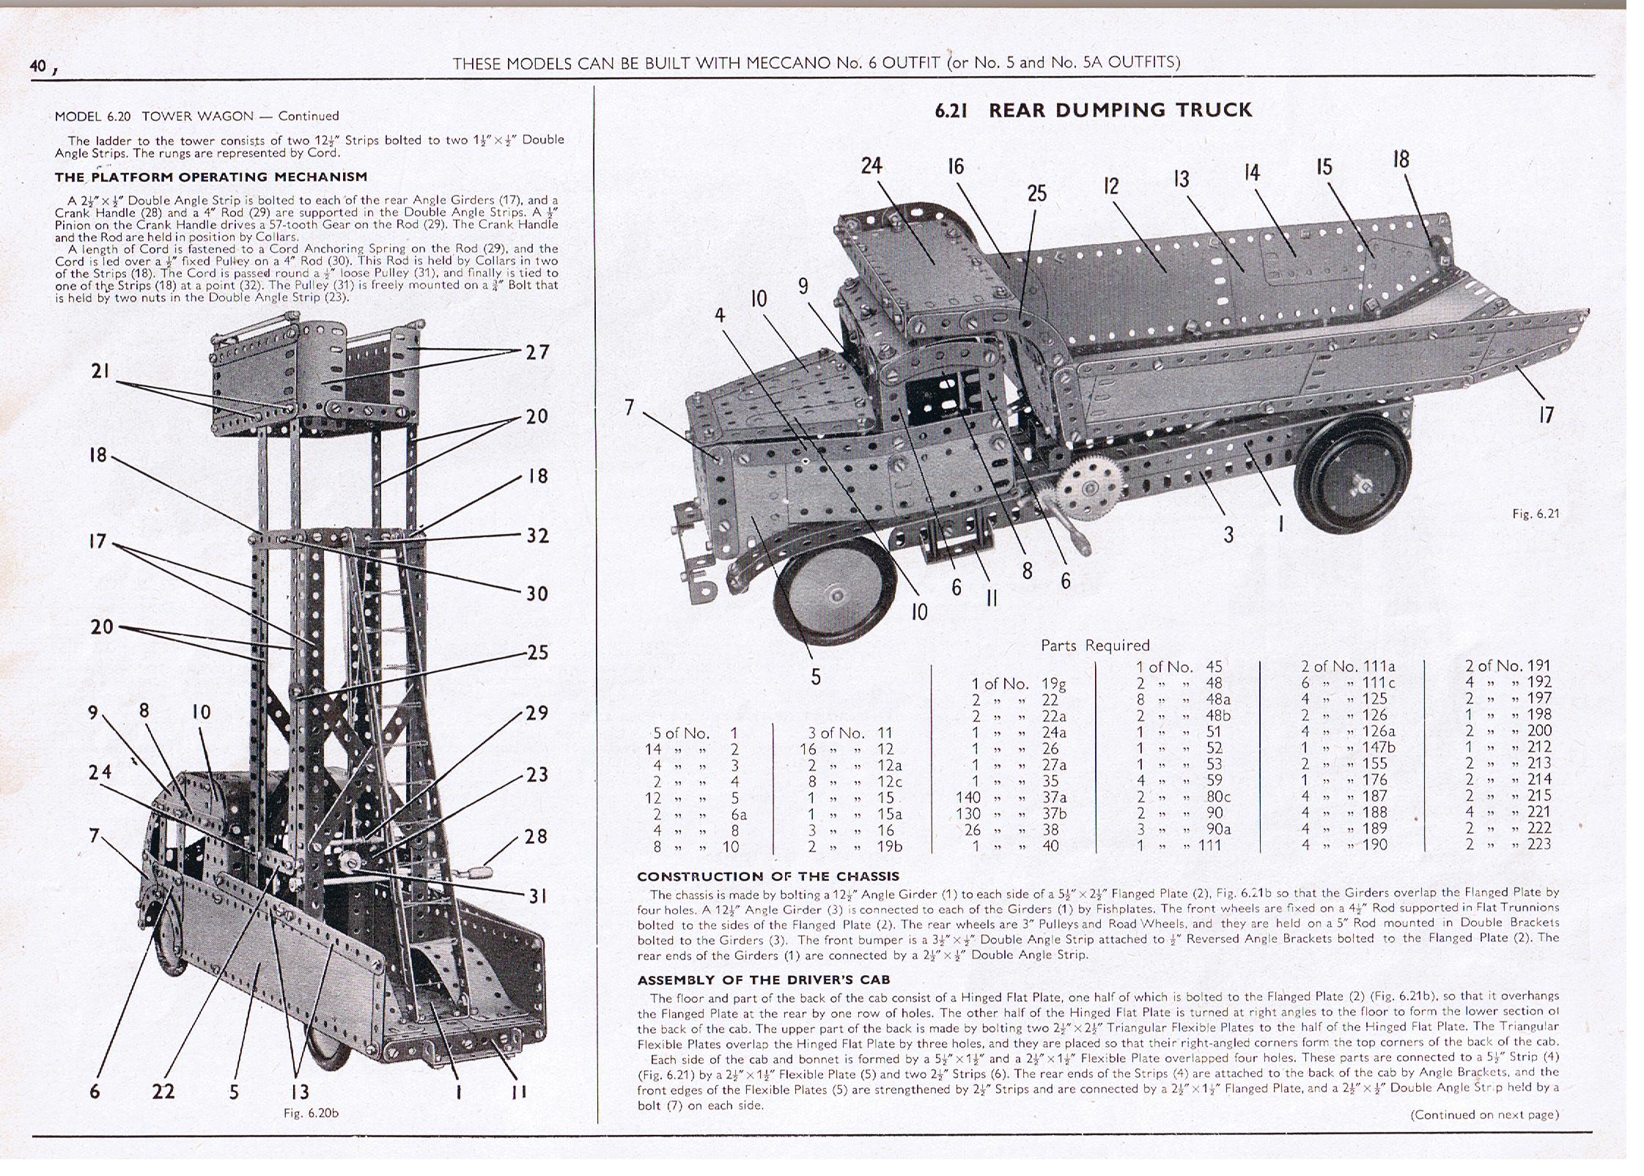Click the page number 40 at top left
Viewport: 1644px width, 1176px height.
[38, 66]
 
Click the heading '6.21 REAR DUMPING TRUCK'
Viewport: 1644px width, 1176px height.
[1094, 111]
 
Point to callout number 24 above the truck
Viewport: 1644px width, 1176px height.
[871, 166]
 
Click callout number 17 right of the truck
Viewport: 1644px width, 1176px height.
[1546, 415]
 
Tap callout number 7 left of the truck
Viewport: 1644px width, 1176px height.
[629, 407]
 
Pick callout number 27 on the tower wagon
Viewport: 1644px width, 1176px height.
[537, 352]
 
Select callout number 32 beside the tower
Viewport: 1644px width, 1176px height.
[537, 536]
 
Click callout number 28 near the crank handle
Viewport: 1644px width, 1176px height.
[537, 836]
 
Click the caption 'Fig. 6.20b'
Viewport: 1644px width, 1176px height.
[311, 1112]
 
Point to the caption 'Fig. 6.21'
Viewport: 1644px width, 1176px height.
[1536, 514]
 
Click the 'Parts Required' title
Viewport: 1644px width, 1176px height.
[1095, 646]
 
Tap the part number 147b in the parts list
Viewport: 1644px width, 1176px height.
[1379, 747]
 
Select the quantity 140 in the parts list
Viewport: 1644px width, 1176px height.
[968, 797]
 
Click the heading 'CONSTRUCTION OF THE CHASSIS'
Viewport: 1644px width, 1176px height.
[768, 876]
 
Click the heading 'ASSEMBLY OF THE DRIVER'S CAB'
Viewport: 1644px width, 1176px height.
[763, 980]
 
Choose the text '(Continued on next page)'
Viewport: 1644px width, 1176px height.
[1484, 1114]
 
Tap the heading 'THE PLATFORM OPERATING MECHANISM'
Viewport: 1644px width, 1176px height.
[211, 177]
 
